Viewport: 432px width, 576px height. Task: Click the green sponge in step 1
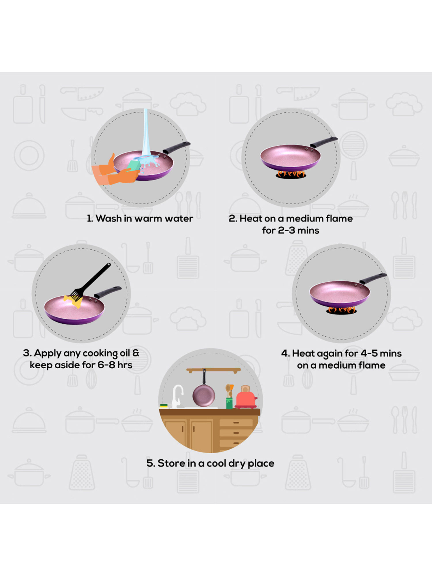click(134, 165)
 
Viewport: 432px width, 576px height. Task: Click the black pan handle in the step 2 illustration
click(324, 142)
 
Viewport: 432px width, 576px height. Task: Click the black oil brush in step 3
click(90, 282)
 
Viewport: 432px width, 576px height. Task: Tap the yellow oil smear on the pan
click(73, 301)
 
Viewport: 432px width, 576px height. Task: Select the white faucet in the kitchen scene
click(177, 396)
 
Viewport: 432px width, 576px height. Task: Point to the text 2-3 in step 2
click(286, 230)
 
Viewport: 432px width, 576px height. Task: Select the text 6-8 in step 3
click(106, 365)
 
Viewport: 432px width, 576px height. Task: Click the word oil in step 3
click(125, 353)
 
